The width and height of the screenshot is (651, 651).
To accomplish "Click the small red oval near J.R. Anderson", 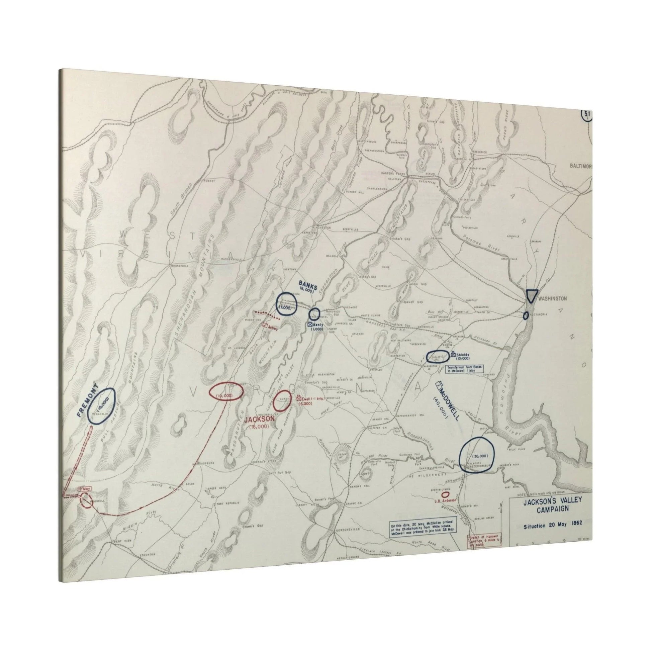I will click(445, 494).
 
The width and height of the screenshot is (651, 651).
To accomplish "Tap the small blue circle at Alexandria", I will click(526, 315).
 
